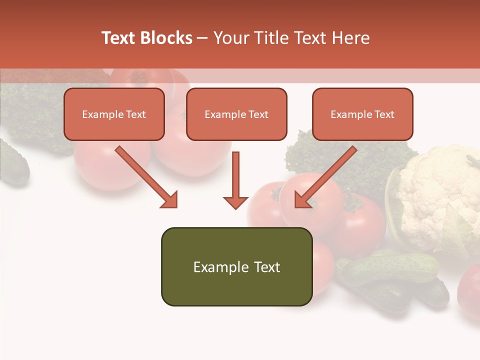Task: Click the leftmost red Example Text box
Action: coord(114,114)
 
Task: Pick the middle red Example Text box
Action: coord(236,114)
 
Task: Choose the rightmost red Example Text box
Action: coord(362,114)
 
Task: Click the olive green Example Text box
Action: coord(236,266)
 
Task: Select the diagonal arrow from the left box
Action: coord(145,176)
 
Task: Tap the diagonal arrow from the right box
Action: coord(326,176)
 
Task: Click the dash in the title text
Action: coord(202,38)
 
